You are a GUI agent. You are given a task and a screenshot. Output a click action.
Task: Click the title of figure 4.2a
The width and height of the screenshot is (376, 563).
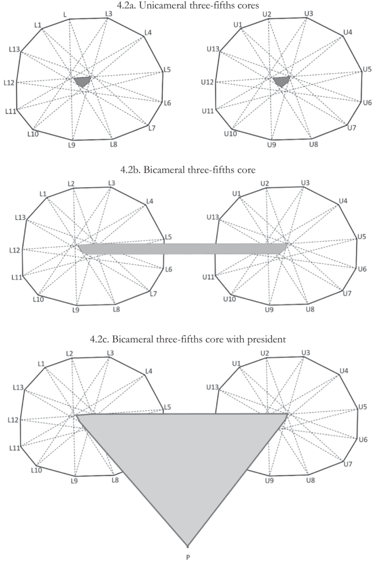[x=188, y=5]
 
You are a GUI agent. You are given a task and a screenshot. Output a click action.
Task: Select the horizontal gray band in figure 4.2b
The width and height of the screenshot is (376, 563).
[x=183, y=249]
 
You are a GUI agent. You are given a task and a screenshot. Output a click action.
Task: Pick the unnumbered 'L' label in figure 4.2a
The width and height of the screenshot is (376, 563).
[x=65, y=14]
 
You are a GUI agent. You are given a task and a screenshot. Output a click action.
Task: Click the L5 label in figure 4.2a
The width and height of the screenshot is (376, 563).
[x=167, y=70]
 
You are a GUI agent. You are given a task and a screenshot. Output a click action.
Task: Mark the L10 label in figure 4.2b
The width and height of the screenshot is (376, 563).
[x=38, y=299]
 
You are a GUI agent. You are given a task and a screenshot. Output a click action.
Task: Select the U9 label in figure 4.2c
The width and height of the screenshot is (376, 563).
[x=269, y=480]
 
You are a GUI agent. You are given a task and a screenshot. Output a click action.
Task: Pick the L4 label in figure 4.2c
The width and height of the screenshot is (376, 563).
[x=148, y=371]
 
